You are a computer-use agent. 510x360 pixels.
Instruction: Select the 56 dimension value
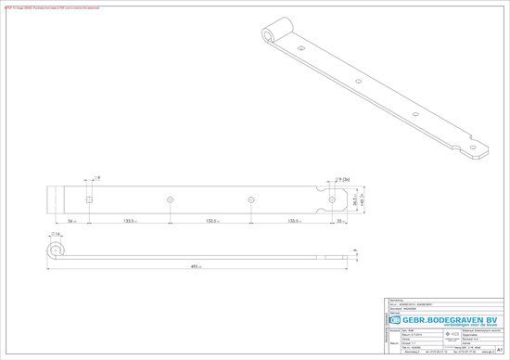[71, 222]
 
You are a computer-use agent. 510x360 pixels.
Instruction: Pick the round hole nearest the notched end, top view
[332, 199]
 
